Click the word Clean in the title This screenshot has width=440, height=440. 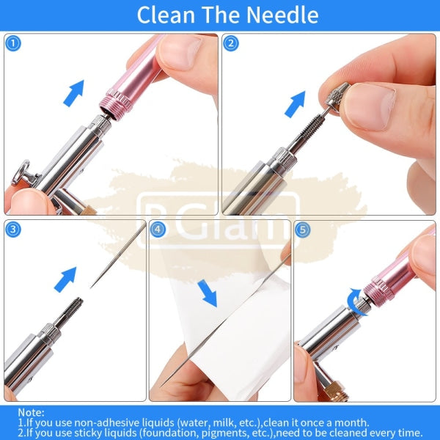(166, 15)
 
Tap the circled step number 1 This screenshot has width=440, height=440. (13, 43)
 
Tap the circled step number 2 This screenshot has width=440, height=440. (231, 43)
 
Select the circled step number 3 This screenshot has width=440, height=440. (13, 230)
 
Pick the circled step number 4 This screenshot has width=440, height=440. (158, 230)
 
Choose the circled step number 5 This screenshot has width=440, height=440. (302, 230)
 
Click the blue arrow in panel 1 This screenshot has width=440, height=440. (74, 93)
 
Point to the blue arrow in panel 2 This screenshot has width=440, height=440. (295, 104)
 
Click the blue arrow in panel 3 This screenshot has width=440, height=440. (65, 279)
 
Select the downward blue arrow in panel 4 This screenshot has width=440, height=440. (208, 293)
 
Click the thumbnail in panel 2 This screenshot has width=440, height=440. (370, 107)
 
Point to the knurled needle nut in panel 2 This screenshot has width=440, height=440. (337, 96)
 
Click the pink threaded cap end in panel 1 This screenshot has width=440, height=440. (116, 104)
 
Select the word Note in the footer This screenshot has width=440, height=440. (31, 412)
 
